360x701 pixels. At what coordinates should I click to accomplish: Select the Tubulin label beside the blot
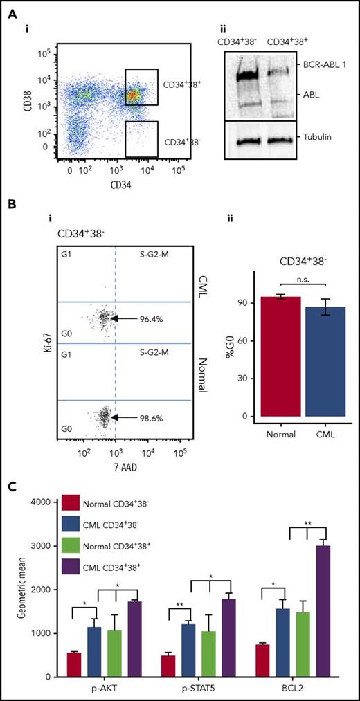click(313, 137)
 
